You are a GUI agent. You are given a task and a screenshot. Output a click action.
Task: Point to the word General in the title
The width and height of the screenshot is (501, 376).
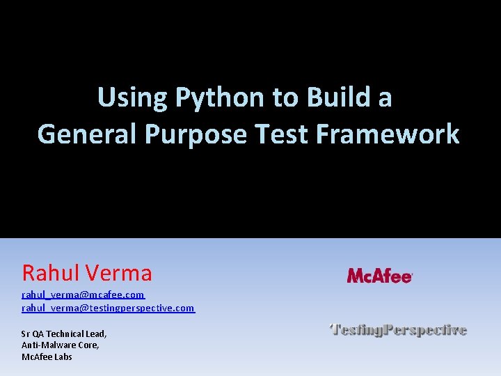coord(88,134)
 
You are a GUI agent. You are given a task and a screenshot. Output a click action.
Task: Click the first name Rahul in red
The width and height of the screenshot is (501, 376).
coord(52,272)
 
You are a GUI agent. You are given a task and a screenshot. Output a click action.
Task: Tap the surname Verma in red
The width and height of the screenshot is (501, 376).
coord(120,272)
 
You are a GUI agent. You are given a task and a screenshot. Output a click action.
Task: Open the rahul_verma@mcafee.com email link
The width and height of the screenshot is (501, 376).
coord(83,295)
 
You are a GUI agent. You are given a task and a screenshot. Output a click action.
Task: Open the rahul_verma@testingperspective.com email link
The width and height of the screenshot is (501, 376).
coord(108,308)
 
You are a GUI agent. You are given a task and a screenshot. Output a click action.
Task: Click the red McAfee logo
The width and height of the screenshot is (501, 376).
coord(380,276)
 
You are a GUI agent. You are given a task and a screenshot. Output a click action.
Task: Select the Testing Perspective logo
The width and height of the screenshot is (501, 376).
coord(397,329)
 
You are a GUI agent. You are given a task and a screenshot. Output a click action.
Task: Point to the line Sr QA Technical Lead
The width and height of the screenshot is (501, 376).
coord(64,334)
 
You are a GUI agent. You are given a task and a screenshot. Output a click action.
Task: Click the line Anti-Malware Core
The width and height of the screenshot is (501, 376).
coord(60,345)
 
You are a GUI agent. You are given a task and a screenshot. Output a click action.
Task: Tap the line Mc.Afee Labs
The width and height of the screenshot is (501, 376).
coord(47,357)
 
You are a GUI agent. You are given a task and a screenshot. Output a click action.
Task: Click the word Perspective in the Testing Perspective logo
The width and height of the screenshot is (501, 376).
coord(425,329)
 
